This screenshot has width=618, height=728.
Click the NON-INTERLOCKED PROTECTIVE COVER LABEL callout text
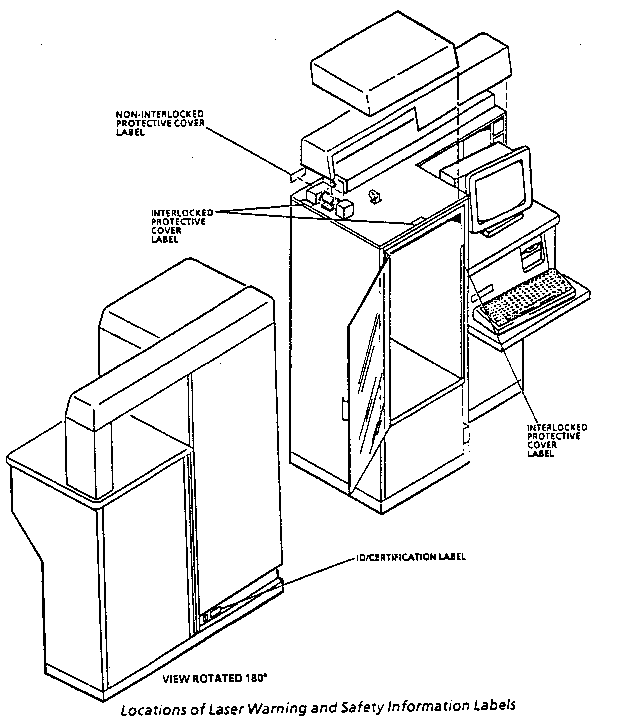point(160,123)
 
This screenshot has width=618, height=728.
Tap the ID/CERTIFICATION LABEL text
point(411,557)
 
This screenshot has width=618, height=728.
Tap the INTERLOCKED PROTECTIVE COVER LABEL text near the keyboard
point(557,440)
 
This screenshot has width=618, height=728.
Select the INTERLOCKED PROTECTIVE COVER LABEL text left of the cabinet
point(181,226)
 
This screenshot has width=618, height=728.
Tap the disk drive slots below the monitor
point(532,257)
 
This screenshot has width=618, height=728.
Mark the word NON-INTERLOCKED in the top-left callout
point(160,114)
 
